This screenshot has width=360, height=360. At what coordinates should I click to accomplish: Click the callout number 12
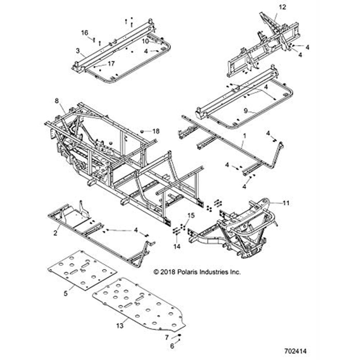282,7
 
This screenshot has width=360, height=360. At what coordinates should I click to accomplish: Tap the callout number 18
156,131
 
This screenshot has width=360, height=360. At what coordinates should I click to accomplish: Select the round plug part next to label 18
142,131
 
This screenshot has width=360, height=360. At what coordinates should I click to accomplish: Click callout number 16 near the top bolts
84,33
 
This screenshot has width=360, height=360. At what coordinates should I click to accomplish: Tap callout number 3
77,51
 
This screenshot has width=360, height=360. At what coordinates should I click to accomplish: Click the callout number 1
244,136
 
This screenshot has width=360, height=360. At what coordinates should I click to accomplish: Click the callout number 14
176,246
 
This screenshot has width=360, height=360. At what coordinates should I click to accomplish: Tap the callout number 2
55,233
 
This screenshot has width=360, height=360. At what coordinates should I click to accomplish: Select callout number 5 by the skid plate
66,293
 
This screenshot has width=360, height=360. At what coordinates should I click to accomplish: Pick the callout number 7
166,337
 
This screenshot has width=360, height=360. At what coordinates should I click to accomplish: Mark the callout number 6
172,346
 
